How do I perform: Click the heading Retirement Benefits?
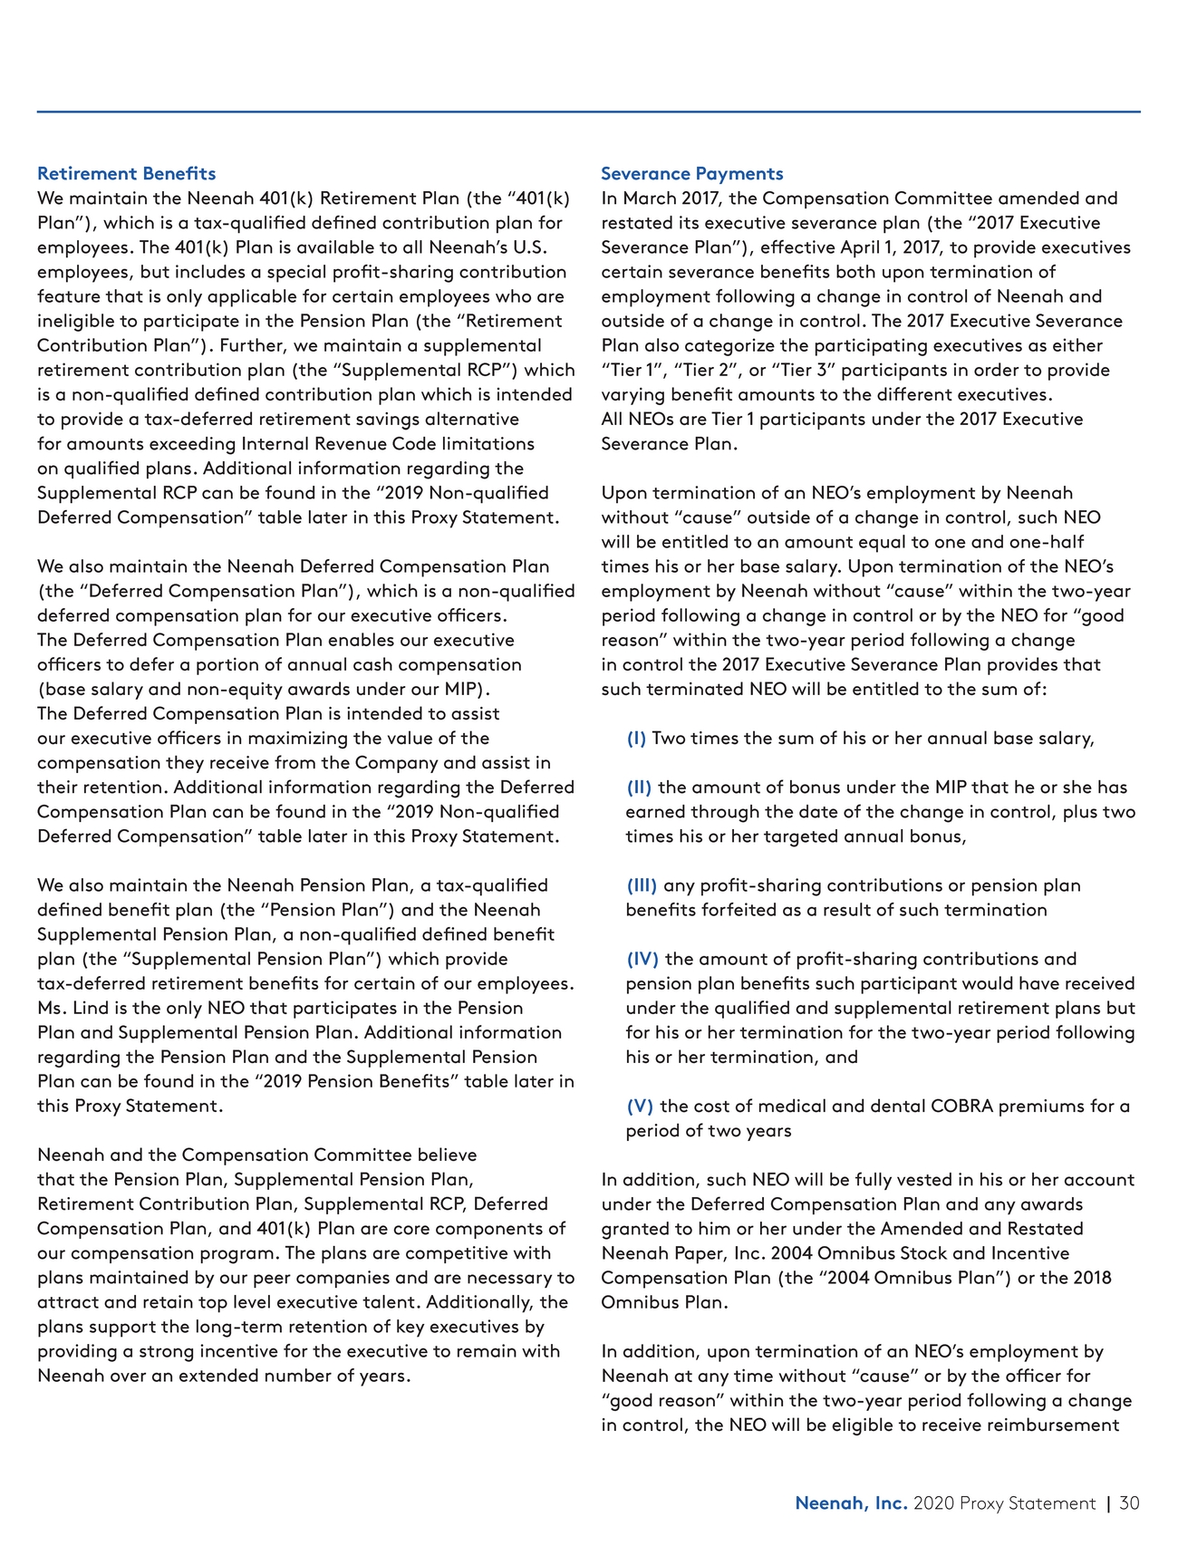[126, 173]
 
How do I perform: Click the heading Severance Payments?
[691, 173]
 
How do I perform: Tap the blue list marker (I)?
[636, 738]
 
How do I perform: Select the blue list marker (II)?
[639, 787]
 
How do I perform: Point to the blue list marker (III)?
[642, 884]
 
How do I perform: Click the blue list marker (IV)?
[642, 958]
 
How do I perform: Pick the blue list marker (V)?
[640, 1106]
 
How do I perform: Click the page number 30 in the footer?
[1129, 1503]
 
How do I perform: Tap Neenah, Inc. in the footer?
[850, 1503]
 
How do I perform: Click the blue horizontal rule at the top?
[588, 111]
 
